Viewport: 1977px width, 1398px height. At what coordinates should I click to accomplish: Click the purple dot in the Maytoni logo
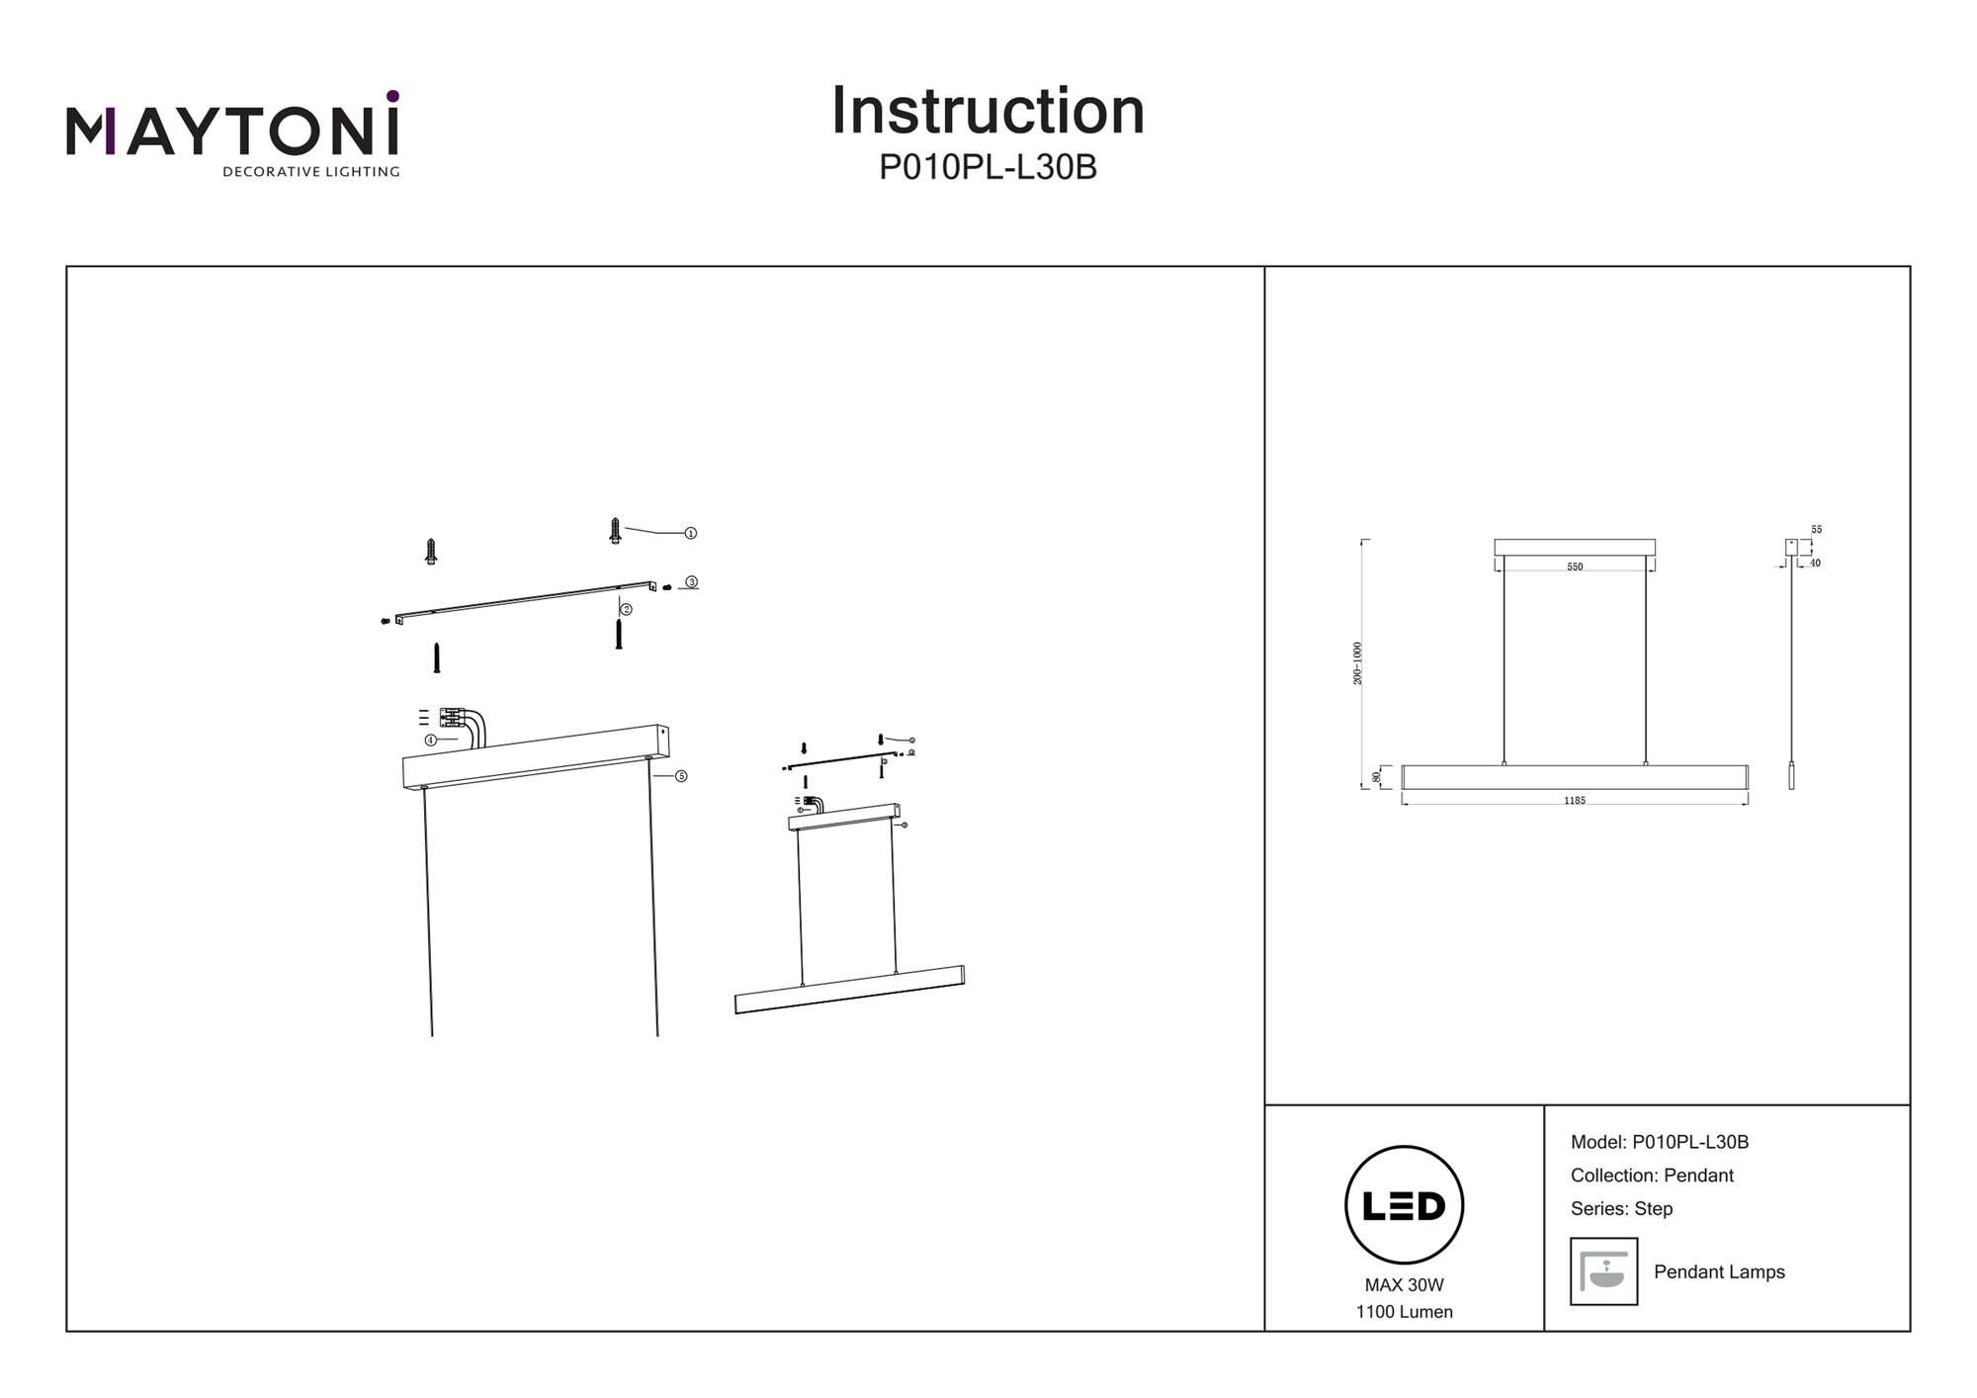[392, 96]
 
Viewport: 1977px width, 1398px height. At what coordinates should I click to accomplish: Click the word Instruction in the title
[988, 111]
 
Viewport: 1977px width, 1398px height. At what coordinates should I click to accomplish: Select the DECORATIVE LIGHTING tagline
[310, 172]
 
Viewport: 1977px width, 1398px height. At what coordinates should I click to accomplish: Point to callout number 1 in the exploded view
[691, 534]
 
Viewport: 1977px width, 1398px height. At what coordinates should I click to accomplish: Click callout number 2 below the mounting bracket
[626, 610]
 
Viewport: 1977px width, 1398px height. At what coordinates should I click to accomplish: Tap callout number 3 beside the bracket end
[692, 582]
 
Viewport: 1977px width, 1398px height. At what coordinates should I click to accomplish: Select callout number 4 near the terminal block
[431, 740]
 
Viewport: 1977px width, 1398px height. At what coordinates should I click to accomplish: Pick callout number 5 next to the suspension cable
[681, 776]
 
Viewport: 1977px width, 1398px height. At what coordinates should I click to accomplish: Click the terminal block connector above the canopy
[452, 718]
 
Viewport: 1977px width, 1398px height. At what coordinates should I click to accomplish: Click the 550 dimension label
[1575, 568]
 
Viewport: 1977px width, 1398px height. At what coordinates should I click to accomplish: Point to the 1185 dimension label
[1575, 801]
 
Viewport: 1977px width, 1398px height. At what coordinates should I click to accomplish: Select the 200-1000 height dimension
[1358, 663]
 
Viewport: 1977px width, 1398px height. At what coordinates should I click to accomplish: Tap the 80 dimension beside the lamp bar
[1377, 777]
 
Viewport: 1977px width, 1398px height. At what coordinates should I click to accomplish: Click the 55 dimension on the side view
[1817, 530]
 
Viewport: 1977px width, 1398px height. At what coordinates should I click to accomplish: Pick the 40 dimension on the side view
[1816, 564]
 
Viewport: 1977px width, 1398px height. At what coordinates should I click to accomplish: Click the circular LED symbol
[1404, 1205]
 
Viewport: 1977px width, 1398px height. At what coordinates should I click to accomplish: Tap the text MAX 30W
[1404, 1285]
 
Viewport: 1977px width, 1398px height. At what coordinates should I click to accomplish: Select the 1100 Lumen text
[1404, 1312]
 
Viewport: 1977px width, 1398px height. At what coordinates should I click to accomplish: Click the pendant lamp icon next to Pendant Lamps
[1603, 1271]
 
